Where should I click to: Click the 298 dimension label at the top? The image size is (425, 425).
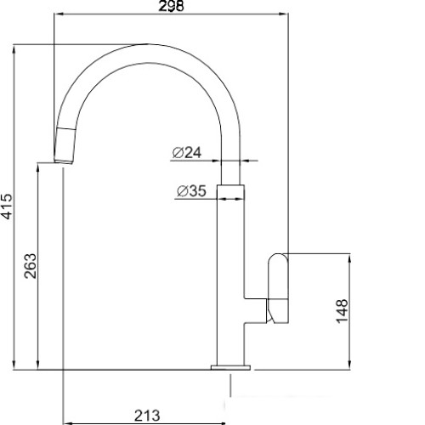coord(171,6)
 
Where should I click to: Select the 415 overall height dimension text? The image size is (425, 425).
coord(7,207)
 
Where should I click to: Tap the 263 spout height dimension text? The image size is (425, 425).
coord(31,266)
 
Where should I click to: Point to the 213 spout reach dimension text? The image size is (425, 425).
coord(147,416)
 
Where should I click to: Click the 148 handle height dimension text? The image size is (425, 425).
coord(342,311)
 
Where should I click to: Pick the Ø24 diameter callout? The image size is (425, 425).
coord(187,153)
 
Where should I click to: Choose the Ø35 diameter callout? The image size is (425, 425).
coord(191,191)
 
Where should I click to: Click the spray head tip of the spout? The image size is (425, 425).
coord(65,145)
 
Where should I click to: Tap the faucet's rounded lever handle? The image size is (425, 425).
coord(278,288)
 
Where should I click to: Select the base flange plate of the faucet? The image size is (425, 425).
coord(230,367)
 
